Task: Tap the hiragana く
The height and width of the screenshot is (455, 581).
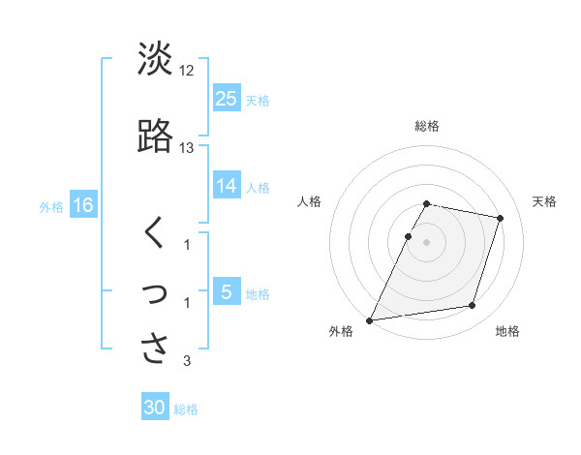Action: click(154, 233)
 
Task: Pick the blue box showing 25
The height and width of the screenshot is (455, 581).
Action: click(227, 98)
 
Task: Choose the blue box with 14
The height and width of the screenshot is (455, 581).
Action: click(227, 186)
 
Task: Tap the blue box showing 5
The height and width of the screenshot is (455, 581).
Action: click(227, 292)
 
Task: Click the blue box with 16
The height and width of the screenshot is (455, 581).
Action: click(83, 205)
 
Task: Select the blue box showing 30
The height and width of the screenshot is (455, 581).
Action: click(155, 408)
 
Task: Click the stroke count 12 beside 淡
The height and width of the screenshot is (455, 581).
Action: click(188, 72)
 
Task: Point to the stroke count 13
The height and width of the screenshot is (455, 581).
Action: click(187, 148)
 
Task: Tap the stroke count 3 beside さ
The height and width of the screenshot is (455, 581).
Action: click(187, 361)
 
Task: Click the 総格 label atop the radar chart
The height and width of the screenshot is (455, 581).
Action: click(427, 126)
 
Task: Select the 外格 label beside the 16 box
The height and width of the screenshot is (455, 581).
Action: click(51, 206)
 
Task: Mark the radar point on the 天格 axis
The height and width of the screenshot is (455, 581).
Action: click(501, 218)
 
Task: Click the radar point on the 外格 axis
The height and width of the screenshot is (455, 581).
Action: click(370, 320)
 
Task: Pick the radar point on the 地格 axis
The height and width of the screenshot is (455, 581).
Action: click(473, 306)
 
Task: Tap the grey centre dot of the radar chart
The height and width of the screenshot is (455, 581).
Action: click(427, 241)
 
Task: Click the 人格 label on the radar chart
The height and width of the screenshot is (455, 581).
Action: click(310, 201)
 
